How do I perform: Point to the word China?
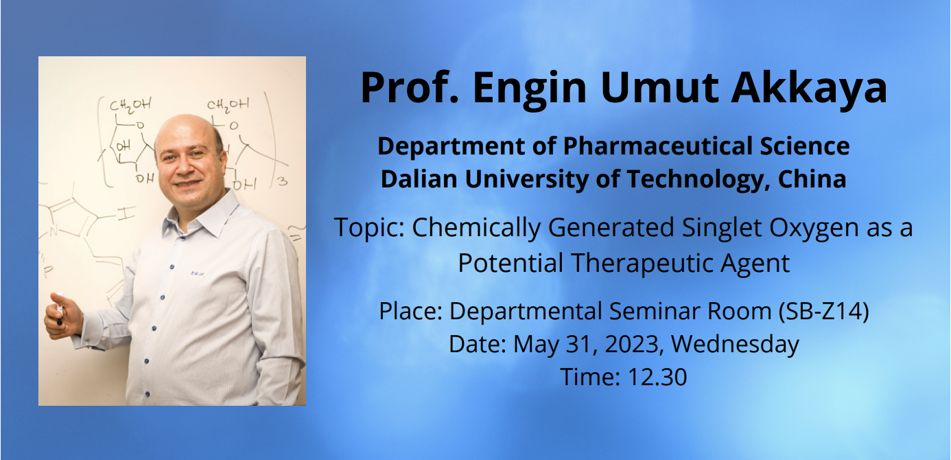point(812,179)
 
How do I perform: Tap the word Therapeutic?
point(642,263)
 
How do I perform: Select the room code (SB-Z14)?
point(824,311)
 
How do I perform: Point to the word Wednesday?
point(736,344)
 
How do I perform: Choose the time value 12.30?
point(657,377)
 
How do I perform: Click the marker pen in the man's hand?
point(60,309)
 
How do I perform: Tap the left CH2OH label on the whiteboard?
point(130,104)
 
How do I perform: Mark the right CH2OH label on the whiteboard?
point(228,104)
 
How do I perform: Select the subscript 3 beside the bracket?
point(282,181)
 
